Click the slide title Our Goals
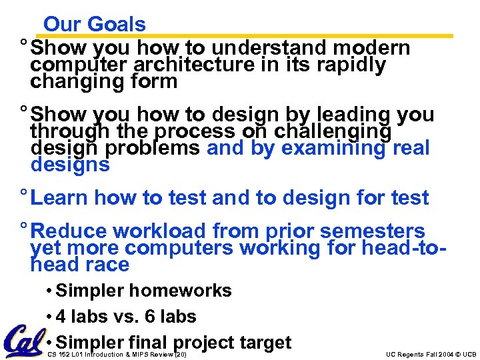click(x=94, y=24)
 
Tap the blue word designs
click(x=70, y=165)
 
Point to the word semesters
click(x=373, y=231)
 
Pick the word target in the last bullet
click(x=265, y=342)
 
